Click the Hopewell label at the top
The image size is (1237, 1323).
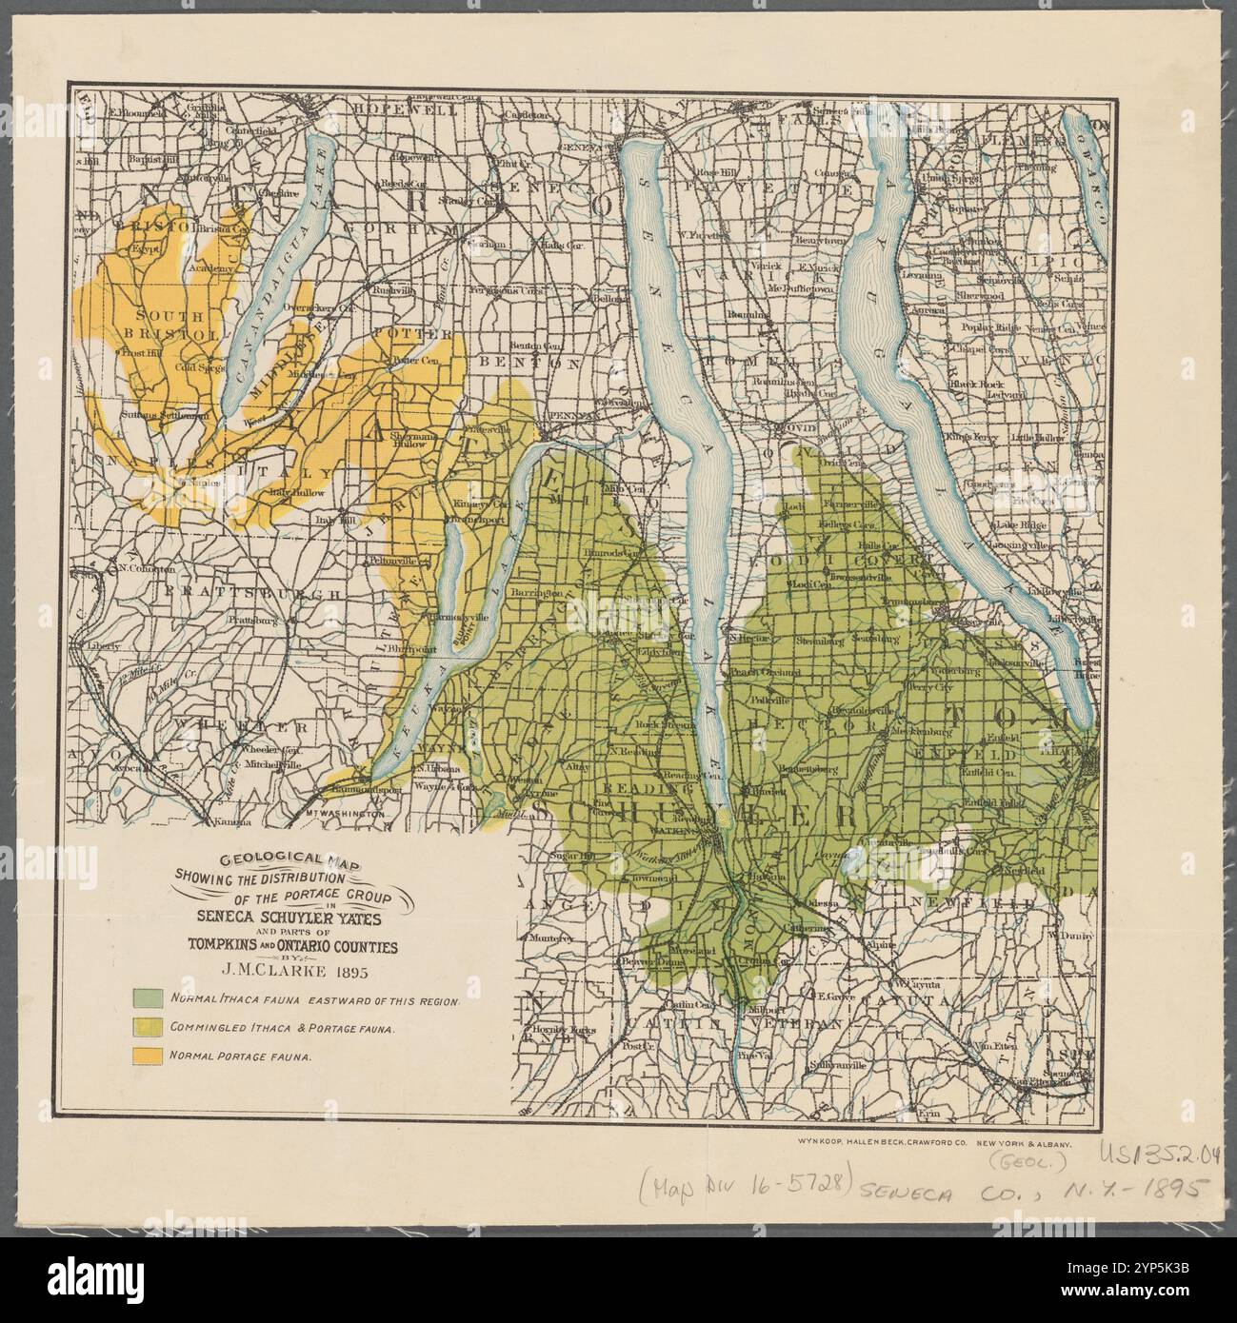pyautogui.click(x=393, y=109)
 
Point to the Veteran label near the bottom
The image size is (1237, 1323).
pyautogui.click(x=808, y=1023)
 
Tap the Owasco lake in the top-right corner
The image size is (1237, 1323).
pyautogui.click(x=1088, y=181)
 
